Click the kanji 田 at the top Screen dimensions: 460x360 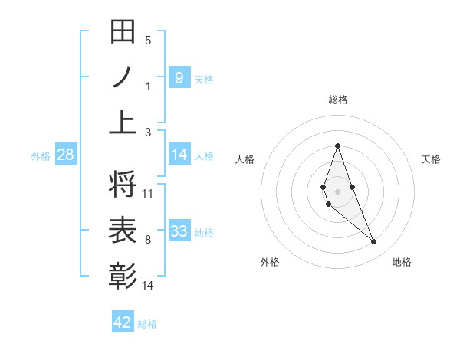point(123,33)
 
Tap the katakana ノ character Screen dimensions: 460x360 point(123,77)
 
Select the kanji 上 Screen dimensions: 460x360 point(123,121)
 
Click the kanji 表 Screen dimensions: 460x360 point(123,230)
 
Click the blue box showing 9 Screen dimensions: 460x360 point(179,77)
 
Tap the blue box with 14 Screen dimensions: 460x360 point(179,155)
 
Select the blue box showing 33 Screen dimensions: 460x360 point(179,231)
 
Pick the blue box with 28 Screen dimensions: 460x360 point(66,155)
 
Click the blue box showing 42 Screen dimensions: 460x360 point(123,322)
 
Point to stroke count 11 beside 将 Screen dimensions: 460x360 point(148,194)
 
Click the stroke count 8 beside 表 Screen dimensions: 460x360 point(148,240)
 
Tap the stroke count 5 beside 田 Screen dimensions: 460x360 point(148,41)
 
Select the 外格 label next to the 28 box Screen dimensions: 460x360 point(41,156)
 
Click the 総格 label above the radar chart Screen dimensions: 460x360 point(337,100)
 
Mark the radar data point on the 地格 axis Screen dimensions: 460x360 point(373,241)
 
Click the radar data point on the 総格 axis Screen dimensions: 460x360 point(337,146)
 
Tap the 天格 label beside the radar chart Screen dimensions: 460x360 point(432,159)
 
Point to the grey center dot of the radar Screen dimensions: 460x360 point(337,190)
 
